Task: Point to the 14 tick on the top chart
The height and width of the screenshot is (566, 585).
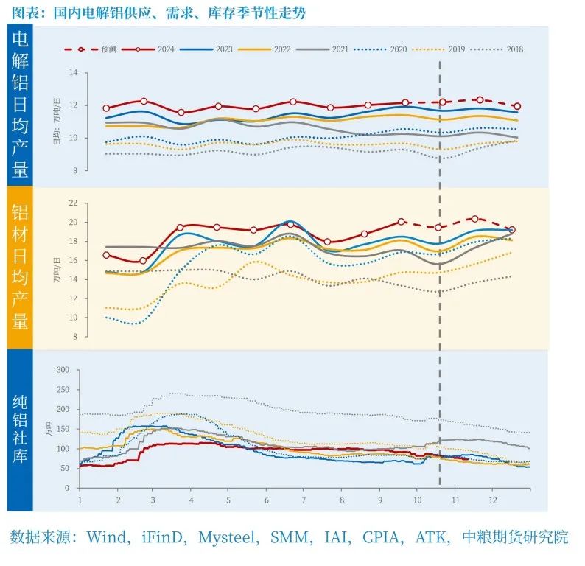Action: pyautogui.click(x=73, y=73)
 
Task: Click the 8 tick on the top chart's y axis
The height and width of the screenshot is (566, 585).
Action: pyautogui.click(x=74, y=170)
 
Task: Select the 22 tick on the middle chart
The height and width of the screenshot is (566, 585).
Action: pyautogui.click(x=72, y=203)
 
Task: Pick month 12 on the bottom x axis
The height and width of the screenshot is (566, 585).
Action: pyautogui.click(x=492, y=500)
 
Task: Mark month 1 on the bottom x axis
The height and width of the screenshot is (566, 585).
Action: pyautogui.click(x=80, y=500)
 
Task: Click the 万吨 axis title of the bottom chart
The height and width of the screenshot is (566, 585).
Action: pyautogui.click(x=49, y=429)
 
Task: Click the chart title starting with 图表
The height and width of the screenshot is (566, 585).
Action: pyautogui.click(x=158, y=13)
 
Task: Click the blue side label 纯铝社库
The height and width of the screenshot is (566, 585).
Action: pyautogui.click(x=20, y=429)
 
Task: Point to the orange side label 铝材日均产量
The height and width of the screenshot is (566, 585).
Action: pyautogui.click(x=20, y=266)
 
